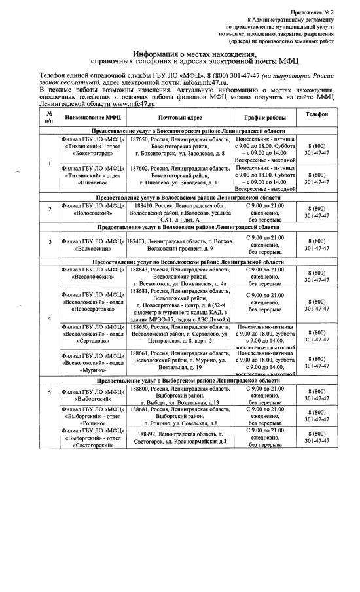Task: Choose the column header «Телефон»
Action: tap(316, 115)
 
